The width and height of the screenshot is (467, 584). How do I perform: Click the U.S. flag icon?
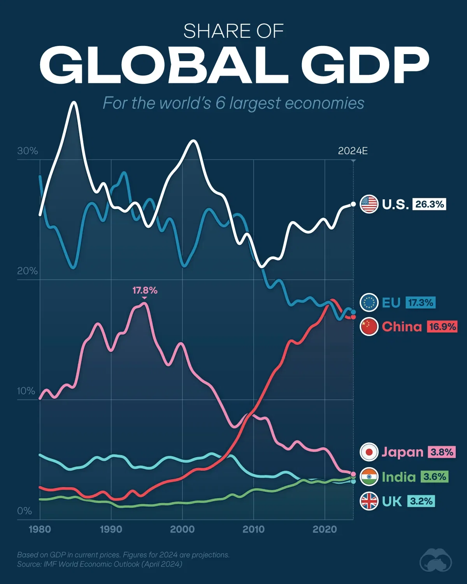(369, 204)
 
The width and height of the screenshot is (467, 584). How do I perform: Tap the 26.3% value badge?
(429, 204)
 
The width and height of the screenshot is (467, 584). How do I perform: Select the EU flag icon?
(369, 303)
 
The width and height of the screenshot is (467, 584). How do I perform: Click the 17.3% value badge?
(420, 303)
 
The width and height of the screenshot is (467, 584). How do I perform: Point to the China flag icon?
(369, 326)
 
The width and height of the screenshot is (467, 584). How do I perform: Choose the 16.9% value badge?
(442, 326)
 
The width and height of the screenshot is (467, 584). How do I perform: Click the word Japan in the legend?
(402, 452)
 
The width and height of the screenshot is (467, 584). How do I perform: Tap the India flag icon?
(369, 477)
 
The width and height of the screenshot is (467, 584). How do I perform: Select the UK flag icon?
(369, 501)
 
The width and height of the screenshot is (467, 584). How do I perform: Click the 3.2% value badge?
(421, 501)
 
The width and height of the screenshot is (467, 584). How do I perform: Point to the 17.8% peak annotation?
(145, 290)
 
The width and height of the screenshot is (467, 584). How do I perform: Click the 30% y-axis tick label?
(27, 151)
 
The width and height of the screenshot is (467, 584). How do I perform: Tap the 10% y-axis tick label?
(26, 391)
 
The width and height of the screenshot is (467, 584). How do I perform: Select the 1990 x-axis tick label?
(111, 529)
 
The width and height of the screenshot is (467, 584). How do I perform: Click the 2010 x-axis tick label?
(253, 529)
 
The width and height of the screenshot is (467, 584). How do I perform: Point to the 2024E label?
(353, 151)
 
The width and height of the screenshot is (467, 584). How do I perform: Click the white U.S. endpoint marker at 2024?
(353, 204)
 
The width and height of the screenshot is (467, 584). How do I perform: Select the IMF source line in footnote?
(99, 564)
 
